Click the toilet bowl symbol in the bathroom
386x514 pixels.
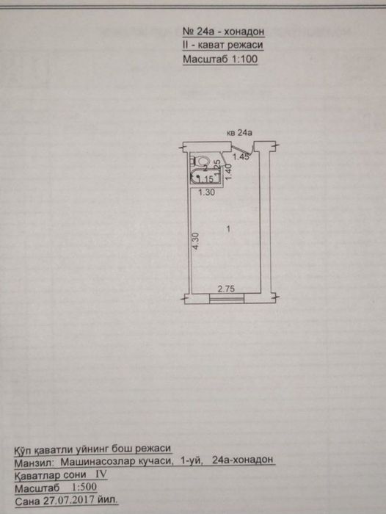coord(203,161)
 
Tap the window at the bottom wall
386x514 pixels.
coord(227,298)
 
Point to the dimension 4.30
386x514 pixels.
coord(196,241)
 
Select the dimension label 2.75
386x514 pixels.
coord(227,289)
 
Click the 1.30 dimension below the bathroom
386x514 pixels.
coord(207,192)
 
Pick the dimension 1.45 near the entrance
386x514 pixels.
coord(241,157)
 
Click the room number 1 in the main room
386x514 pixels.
coord(228,229)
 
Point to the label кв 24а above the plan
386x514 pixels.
coord(239,133)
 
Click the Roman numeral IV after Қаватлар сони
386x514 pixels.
coord(101,474)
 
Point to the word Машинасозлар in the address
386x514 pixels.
coord(117,461)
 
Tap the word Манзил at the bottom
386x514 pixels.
coord(34,462)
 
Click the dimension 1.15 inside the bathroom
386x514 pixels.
coord(205,179)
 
